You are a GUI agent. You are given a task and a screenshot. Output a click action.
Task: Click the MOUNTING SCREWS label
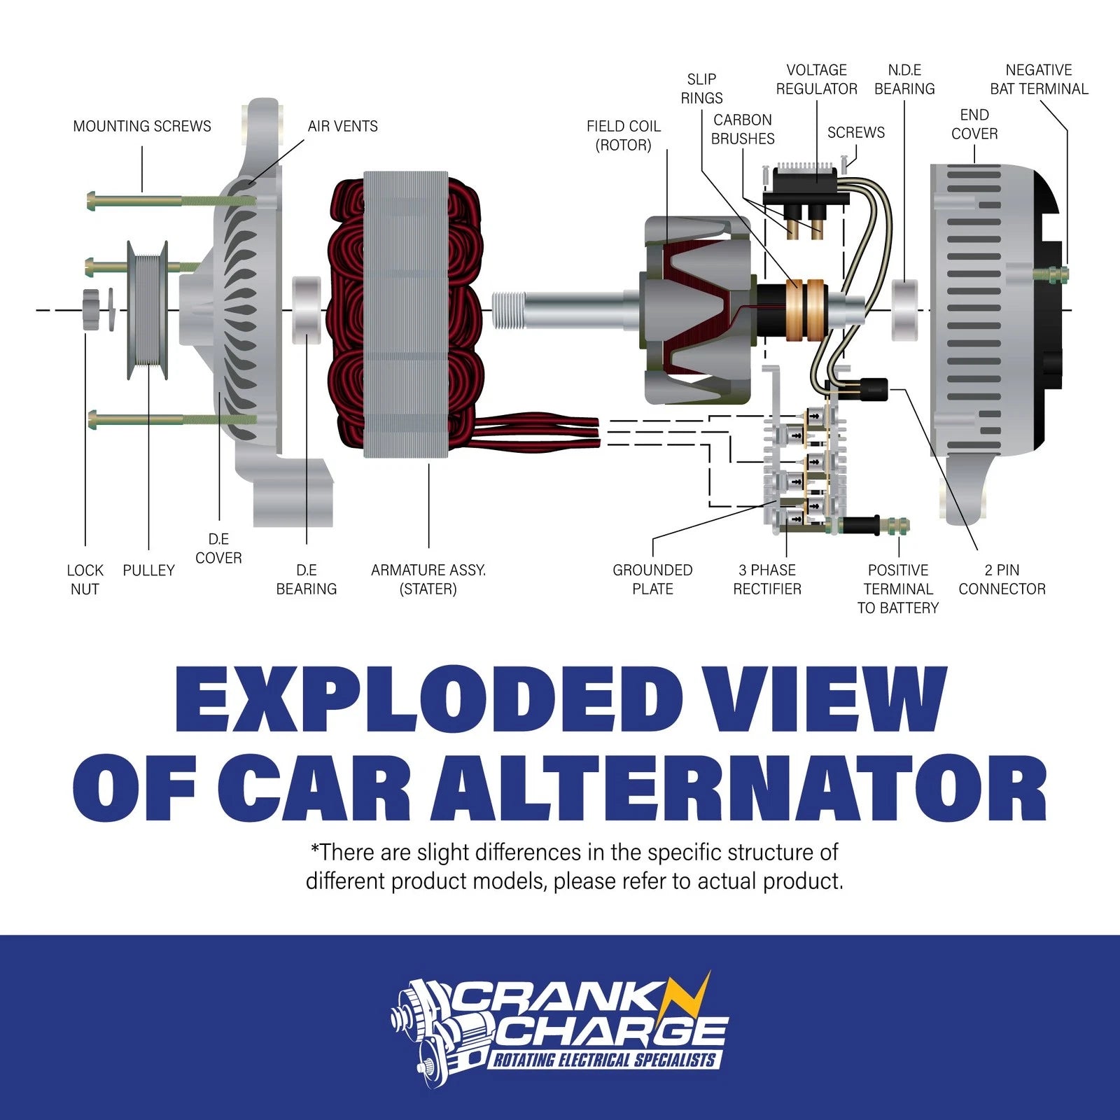pos(142,126)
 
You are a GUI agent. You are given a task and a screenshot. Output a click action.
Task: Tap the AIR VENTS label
pos(343,126)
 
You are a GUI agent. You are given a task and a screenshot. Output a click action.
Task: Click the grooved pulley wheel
pos(148,310)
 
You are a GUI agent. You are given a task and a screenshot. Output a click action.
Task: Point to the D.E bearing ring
pos(306,310)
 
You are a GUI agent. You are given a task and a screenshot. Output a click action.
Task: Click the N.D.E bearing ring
pos(905,310)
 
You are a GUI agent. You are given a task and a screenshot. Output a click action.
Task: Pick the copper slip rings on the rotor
pos(805,310)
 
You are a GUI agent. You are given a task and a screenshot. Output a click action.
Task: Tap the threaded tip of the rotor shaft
pos(507,310)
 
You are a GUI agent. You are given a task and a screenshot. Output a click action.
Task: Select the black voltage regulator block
pos(805,186)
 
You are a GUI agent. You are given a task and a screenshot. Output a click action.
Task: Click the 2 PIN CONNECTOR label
pos(1002,580)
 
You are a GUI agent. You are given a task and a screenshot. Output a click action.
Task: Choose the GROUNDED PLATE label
pos(652,580)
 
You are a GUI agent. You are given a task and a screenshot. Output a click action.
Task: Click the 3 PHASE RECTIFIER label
pos(767,580)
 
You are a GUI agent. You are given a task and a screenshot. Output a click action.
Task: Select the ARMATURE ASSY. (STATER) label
pos(428,580)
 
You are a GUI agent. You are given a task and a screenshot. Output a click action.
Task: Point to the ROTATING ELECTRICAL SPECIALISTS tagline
pos(605,1060)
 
